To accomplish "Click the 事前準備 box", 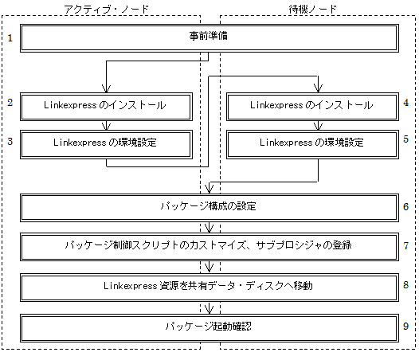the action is (x=209, y=38).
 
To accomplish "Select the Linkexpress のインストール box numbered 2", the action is (x=106, y=107).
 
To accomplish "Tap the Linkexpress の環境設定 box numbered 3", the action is (x=106, y=145).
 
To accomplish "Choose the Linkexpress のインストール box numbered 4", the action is (x=312, y=107).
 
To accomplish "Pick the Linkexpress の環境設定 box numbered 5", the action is (x=312, y=145).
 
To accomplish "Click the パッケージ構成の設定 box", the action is (x=209, y=208).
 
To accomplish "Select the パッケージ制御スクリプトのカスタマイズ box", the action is (x=209, y=247).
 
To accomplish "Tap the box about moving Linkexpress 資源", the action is (x=209, y=288).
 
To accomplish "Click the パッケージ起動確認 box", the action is (x=209, y=328).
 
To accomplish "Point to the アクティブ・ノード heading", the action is (x=106, y=10).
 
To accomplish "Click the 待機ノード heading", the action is (x=312, y=10).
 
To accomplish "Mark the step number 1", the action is (x=10, y=38).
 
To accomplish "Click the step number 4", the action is (x=406, y=103).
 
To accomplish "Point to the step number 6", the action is (x=406, y=206).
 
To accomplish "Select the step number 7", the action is (x=406, y=245).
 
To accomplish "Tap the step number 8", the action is (x=406, y=285).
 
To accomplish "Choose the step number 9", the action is (x=406, y=326).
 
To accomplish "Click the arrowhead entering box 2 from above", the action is (x=107, y=88).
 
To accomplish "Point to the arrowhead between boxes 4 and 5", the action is (x=318, y=127).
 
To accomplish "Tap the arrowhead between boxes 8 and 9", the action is (x=209, y=310).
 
